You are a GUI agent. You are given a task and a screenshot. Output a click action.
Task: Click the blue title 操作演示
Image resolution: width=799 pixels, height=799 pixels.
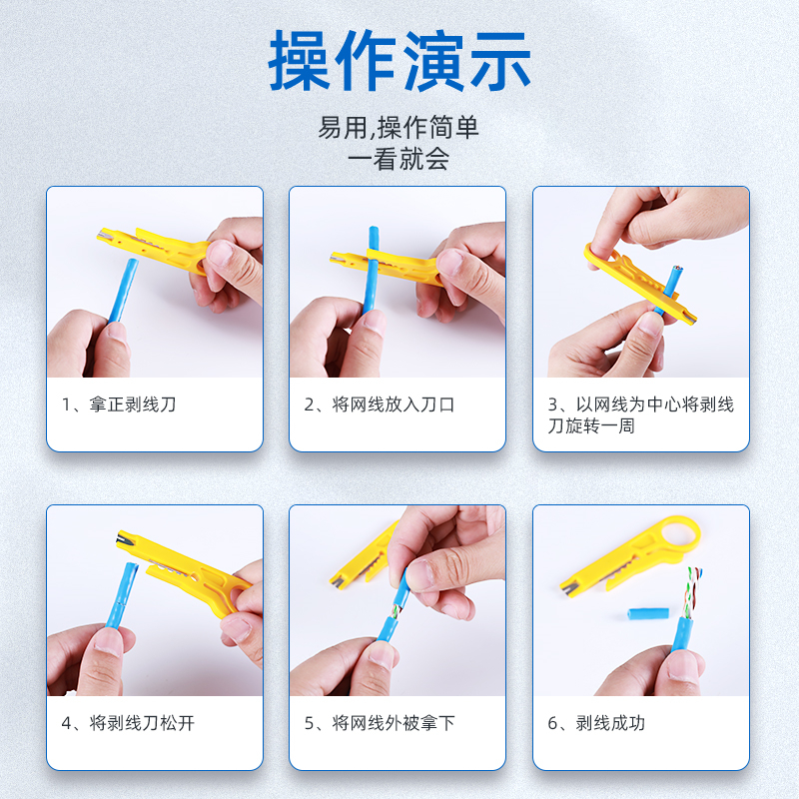point(399,60)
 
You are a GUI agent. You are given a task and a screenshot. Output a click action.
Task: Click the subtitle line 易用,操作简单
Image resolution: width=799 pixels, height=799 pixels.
point(399,128)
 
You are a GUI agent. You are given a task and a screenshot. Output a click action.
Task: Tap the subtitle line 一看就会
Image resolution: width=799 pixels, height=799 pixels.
point(399,159)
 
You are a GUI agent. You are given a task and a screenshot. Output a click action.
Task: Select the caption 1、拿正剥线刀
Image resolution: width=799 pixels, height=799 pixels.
point(119,404)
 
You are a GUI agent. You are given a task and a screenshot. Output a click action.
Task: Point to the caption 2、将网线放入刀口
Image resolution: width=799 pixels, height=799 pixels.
point(380,404)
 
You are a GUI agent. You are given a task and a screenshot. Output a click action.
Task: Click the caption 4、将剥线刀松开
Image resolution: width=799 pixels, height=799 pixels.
point(128,723)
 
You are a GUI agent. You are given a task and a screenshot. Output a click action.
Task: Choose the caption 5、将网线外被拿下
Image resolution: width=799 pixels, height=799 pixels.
point(380,723)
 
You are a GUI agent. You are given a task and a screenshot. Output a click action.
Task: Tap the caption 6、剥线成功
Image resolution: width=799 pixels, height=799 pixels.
point(596,723)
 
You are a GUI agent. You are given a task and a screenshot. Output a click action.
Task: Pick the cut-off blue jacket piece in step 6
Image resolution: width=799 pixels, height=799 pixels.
point(648,613)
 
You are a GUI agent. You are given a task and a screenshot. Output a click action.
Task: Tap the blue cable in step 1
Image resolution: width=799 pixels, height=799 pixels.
point(123,291)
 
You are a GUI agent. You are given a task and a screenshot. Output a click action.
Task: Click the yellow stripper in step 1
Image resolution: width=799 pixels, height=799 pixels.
point(153,249)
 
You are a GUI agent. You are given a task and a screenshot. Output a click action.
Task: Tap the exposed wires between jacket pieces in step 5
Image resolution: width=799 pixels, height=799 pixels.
point(395,611)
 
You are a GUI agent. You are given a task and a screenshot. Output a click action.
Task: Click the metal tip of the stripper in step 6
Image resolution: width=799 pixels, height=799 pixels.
point(568,589)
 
